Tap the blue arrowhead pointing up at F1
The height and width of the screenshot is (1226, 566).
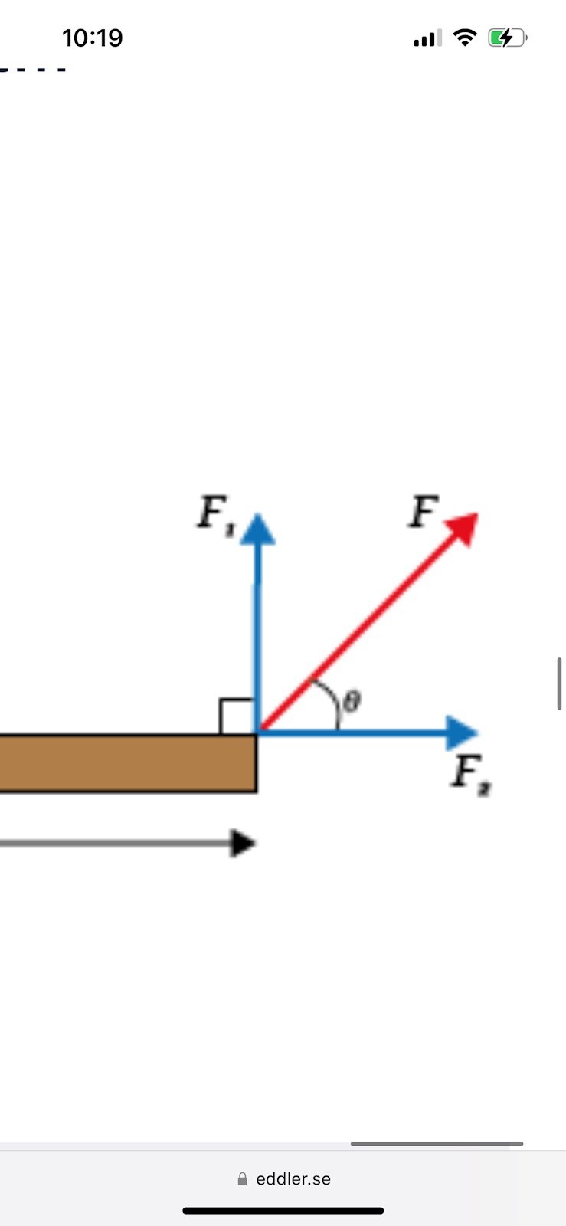258,529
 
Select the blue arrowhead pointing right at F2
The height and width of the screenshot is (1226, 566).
462,733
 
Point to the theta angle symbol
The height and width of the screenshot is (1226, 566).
352,700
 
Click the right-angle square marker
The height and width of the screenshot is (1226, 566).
237,716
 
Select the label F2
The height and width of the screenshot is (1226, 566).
469,773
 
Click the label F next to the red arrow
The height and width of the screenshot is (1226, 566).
423,511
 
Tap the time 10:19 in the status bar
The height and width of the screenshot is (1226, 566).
92,38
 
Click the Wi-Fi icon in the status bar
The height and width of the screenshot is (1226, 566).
465,37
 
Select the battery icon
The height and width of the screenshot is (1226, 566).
507,38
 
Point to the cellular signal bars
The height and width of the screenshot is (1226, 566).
427,38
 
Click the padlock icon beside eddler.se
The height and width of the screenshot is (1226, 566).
243,1179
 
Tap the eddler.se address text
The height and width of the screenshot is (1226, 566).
293,1179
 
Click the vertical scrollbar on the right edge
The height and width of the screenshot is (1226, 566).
560,683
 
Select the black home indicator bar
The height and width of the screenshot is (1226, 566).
283,1211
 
